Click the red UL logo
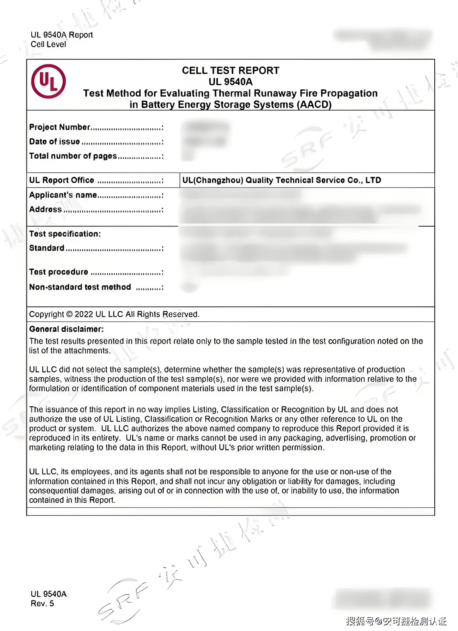click(x=48, y=81)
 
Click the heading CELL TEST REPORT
click(x=230, y=70)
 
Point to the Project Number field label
click(x=60, y=127)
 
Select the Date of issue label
click(x=55, y=142)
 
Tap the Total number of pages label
click(x=73, y=156)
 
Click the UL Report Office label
click(x=62, y=180)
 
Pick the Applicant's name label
click(x=63, y=195)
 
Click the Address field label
click(x=45, y=209)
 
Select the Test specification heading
click(x=65, y=234)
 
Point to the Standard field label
click(x=47, y=248)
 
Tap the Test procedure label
click(x=59, y=272)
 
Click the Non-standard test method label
click(x=80, y=287)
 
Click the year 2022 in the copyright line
click(x=84, y=314)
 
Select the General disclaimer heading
click(x=66, y=329)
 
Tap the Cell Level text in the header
click(x=48, y=44)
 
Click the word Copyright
click(x=46, y=314)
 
